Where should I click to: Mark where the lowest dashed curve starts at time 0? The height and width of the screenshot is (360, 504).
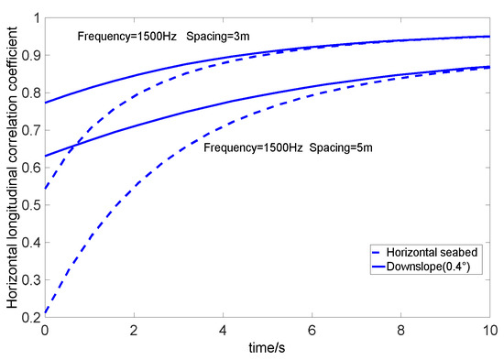click(45, 313)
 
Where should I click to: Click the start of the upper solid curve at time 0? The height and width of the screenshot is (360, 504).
click(45, 103)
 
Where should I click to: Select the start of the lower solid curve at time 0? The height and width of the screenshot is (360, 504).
click(45, 156)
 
